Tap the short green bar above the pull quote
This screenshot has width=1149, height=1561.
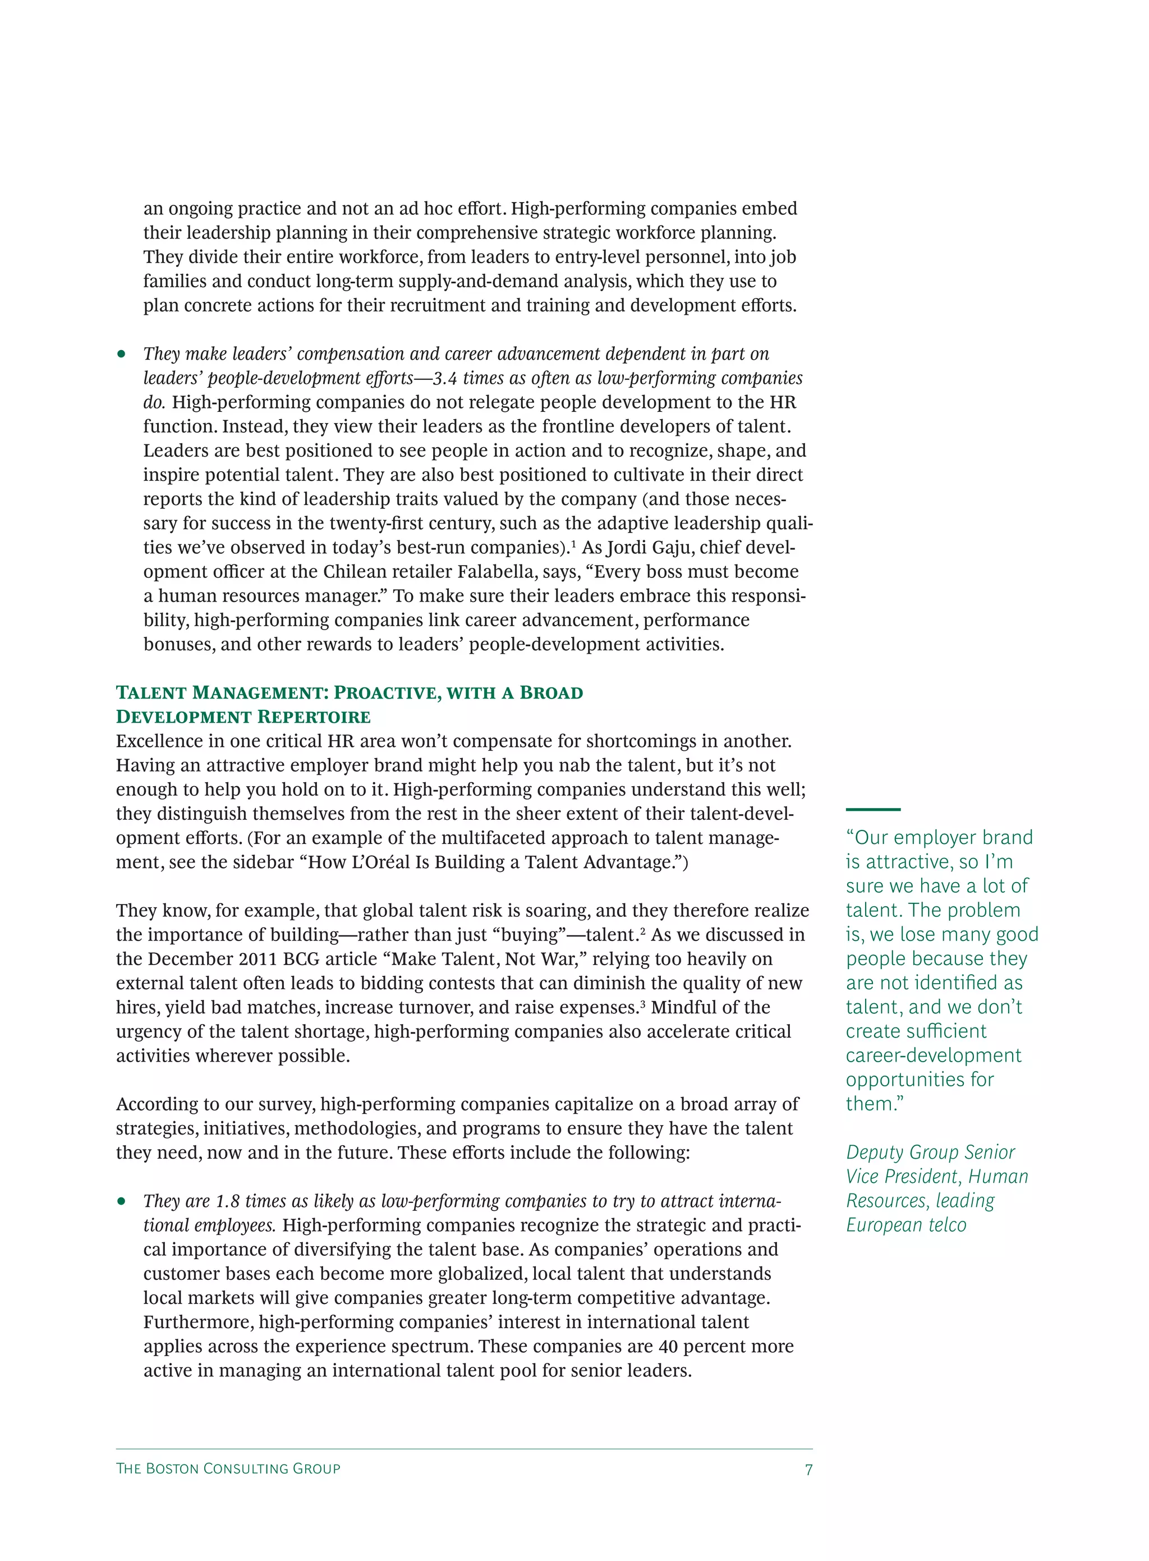click(x=872, y=809)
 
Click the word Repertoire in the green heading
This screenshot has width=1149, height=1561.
click(x=314, y=717)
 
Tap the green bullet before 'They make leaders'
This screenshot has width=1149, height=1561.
click(x=122, y=354)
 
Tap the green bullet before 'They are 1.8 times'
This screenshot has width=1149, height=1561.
click(x=122, y=1201)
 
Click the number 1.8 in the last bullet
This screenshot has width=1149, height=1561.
click(x=227, y=1201)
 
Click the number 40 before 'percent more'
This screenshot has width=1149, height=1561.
click(x=668, y=1346)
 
